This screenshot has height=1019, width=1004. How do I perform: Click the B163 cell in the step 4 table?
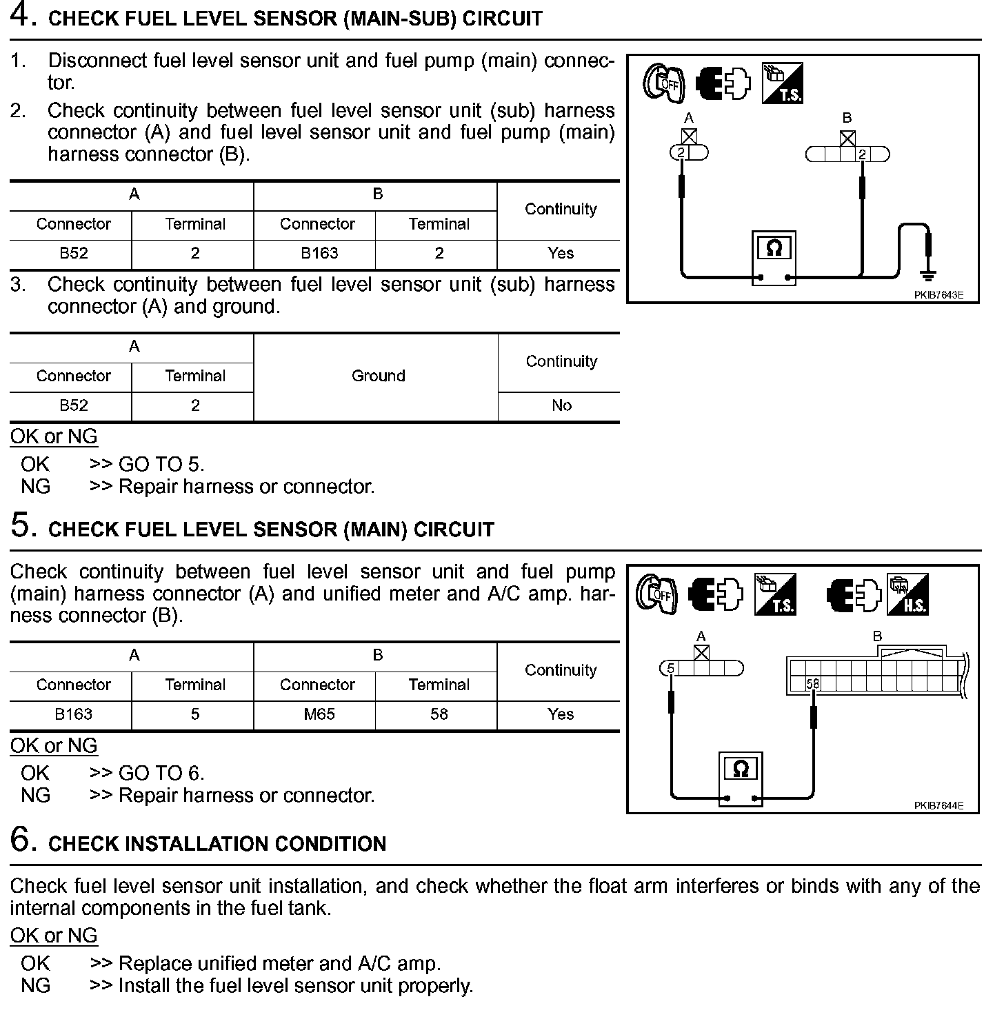[x=319, y=253]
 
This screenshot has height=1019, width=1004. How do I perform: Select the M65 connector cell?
[x=319, y=714]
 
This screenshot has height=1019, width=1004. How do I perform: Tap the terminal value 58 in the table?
[x=439, y=714]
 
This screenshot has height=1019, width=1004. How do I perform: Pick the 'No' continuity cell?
[x=561, y=405]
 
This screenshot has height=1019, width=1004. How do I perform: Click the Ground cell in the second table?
[x=378, y=376]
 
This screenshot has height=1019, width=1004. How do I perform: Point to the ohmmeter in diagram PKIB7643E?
[x=774, y=256]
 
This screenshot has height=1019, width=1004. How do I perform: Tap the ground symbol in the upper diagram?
[x=929, y=275]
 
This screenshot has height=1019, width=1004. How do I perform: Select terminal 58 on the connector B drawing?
[x=812, y=684]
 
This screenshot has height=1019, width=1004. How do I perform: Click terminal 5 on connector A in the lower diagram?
[x=670, y=667]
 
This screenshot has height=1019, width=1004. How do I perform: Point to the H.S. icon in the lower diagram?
[x=907, y=594]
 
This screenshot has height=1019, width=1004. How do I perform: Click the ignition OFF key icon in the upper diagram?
[x=663, y=84]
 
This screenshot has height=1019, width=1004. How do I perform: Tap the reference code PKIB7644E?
[x=938, y=805]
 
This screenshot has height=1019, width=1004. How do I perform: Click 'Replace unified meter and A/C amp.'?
[x=279, y=963]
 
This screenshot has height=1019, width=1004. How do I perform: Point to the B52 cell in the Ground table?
[x=73, y=405]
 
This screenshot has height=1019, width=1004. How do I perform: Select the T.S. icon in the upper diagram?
[x=782, y=83]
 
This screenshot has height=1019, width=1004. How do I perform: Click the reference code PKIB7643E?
[x=938, y=295]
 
